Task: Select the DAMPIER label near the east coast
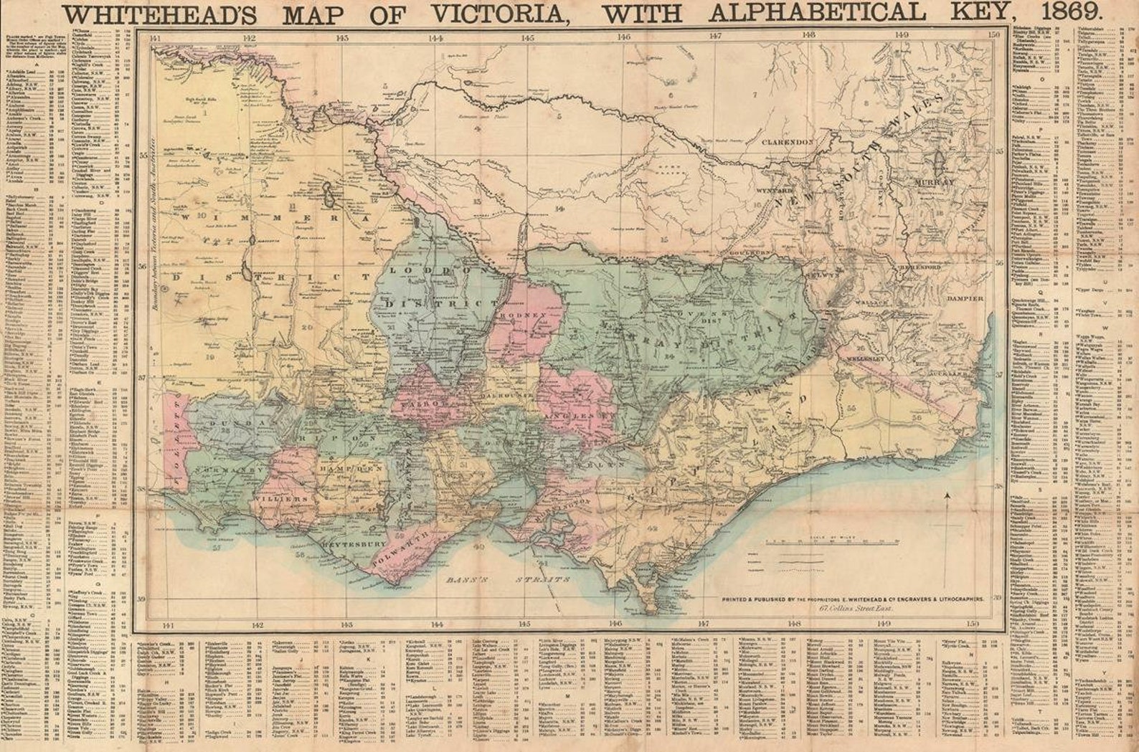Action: pos(965,298)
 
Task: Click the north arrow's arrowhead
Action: pos(947,495)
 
